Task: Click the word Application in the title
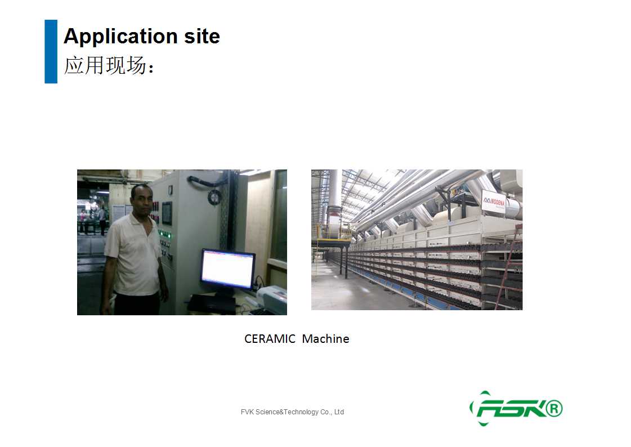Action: (120, 37)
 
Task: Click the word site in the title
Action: (202, 36)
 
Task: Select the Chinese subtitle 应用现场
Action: (105, 65)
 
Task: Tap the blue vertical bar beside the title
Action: (51, 51)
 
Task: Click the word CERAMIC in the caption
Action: (270, 339)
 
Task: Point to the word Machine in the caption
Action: (325, 339)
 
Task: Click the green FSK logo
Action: (516, 408)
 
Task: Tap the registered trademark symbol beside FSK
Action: (554, 408)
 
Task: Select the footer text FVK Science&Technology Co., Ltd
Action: (292, 412)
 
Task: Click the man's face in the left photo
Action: (142, 200)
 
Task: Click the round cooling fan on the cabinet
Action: (214, 197)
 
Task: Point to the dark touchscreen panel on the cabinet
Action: (167, 213)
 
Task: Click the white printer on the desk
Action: (272, 297)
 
